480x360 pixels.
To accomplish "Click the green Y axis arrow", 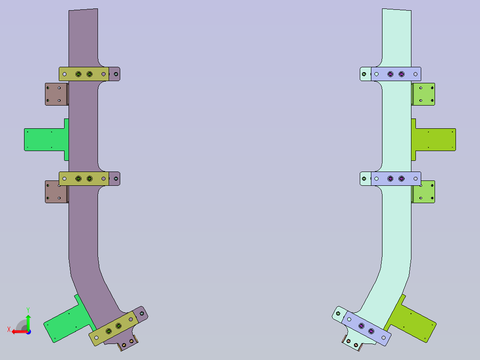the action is pyautogui.click(x=28, y=322).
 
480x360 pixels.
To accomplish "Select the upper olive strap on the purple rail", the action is pyautogui.click(x=84, y=74).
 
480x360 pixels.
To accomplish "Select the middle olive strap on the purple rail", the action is pyautogui.click(x=84, y=179).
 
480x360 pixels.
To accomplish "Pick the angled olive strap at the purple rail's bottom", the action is pyautogui.click(x=114, y=328).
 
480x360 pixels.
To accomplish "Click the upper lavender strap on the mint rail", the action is pyautogui.click(x=396, y=74).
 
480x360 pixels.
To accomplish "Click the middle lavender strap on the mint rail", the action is pyautogui.click(x=396, y=179).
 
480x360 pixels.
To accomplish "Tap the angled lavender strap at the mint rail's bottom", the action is pyautogui.click(x=366, y=328).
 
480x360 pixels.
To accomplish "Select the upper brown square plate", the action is pyautogui.click(x=56, y=94).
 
